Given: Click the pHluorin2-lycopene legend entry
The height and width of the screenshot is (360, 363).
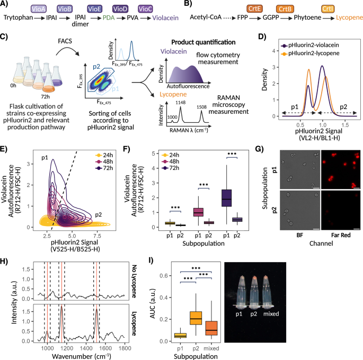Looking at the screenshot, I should tap(328, 53).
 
